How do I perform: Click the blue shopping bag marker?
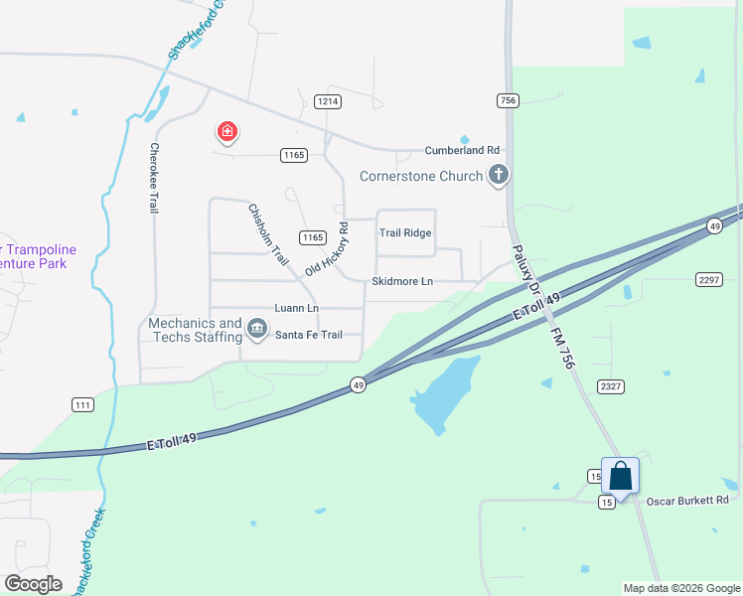pyautogui.click(x=620, y=476)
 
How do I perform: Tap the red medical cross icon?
pyautogui.click(x=227, y=131)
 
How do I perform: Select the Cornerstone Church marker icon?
pyautogui.click(x=499, y=176)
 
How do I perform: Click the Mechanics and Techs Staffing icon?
pyautogui.click(x=257, y=329)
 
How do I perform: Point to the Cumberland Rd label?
pyautogui.click(x=462, y=150)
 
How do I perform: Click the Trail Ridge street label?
pyautogui.click(x=405, y=232)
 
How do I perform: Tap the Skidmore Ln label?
pyautogui.click(x=402, y=281)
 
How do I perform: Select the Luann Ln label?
pyautogui.click(x=297, y=308)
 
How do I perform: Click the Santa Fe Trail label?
pyautogui.click(x=309, y=335)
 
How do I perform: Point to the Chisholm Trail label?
pyautogui.click(x=267, y=234)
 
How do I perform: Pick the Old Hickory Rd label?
pyautogui.click(x=327, y=249)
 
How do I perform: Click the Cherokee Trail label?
pyautogui.click(x=154, y=177)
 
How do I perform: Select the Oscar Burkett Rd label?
pyautogui.click(x=688, y=500)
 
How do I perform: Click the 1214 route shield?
pyautogui.click(x=328, y=101)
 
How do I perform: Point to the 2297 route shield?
pyautogui.click(x=708, y=280)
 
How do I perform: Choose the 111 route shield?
pyautogui.click(x=83, y=404)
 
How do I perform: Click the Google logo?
pyautogui.click(x=33, y=583)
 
